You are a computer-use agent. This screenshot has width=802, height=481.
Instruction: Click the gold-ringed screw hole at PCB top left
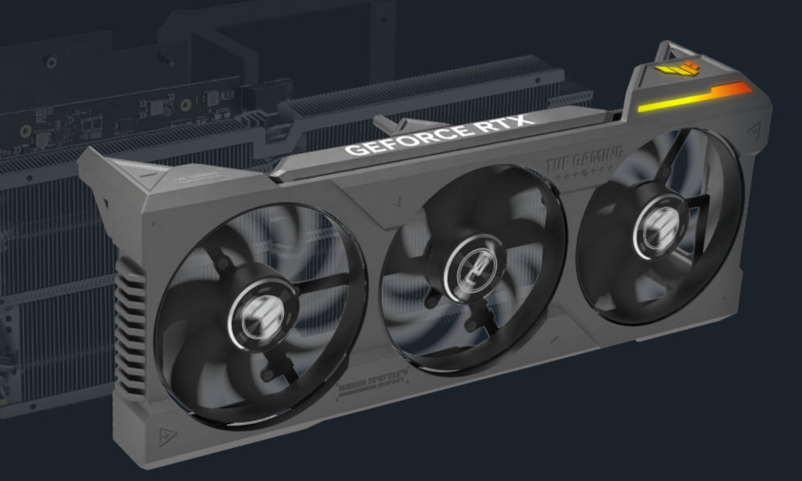point(51,61)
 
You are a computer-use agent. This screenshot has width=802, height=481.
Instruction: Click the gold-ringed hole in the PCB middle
point(184,104)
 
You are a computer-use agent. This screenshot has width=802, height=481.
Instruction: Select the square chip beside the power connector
point(211,96)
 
